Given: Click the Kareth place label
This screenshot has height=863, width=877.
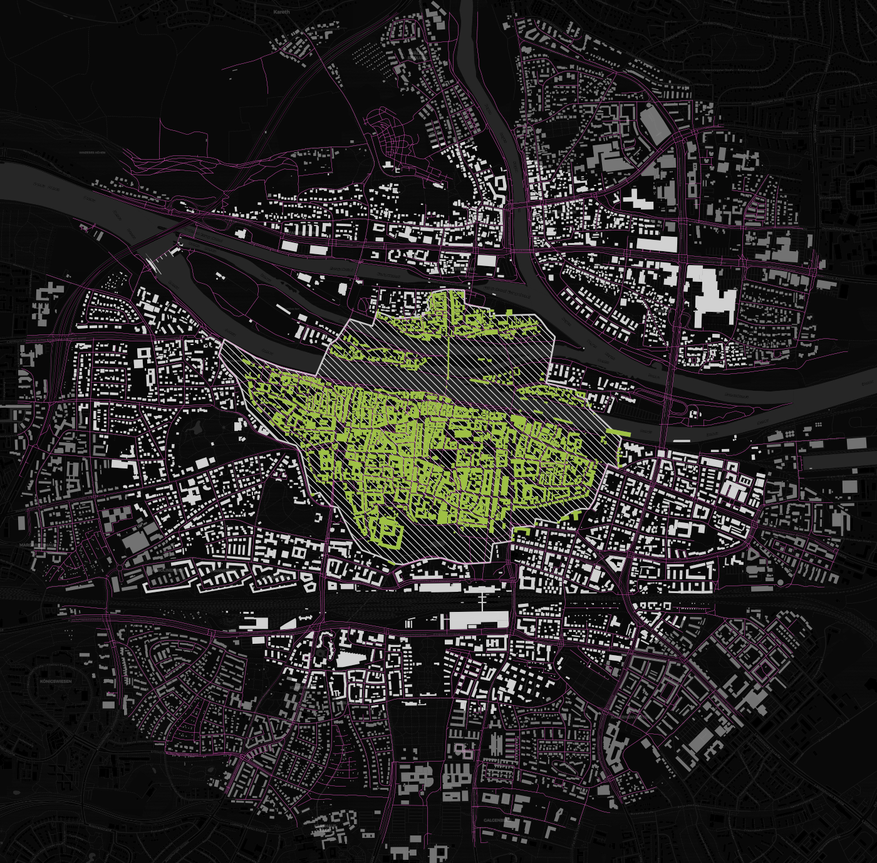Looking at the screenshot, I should click(282, 11).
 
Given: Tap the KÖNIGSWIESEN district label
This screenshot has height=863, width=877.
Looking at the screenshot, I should click(56, 681).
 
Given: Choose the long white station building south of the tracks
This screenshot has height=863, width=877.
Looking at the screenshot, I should click(479, 620).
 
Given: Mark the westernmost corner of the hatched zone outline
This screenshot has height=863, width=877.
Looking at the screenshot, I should click(223, 341).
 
